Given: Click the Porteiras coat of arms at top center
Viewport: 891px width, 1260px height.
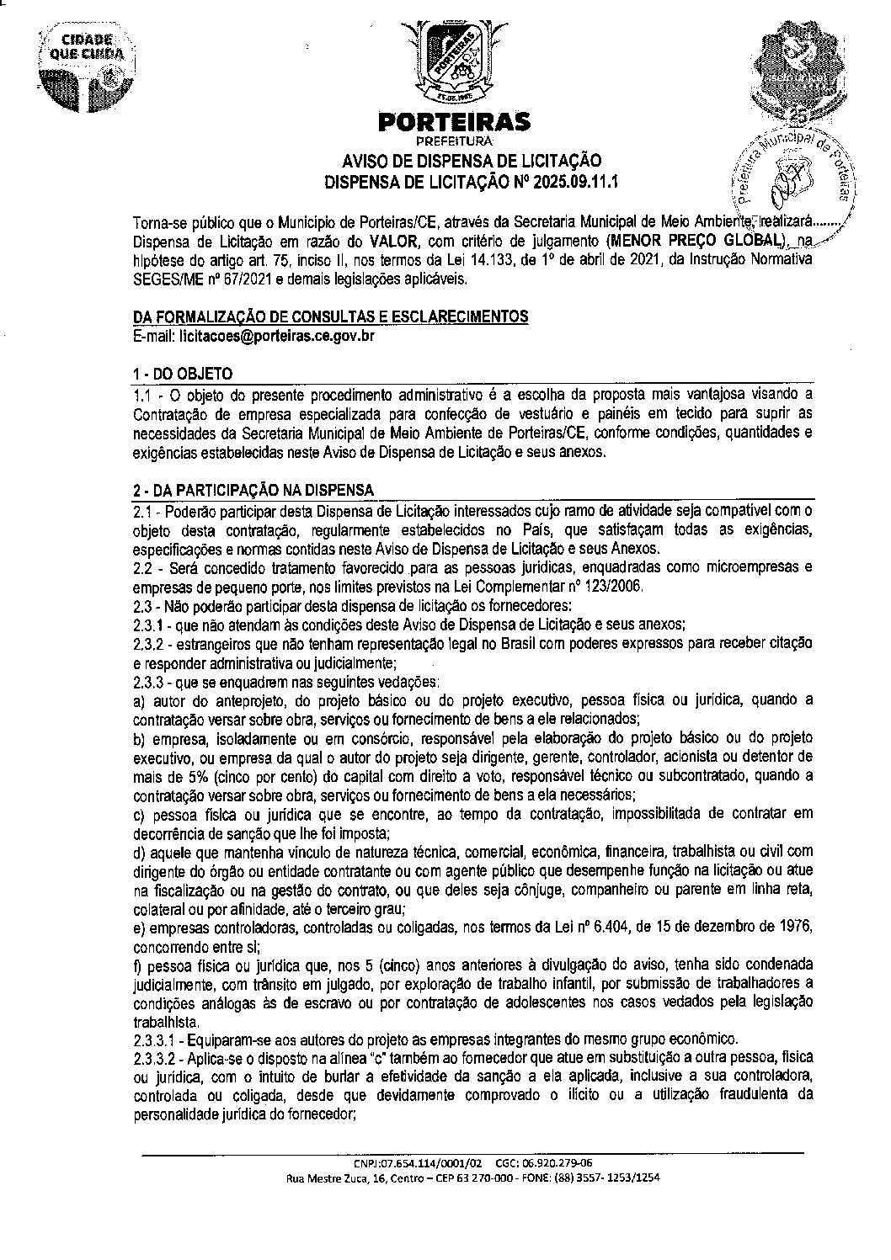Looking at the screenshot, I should (x=454, y=60).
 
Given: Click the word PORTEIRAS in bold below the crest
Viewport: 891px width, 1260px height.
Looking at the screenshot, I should (x=455, y=123).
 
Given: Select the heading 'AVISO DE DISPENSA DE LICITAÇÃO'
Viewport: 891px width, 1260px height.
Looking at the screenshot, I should (x=471, y=162).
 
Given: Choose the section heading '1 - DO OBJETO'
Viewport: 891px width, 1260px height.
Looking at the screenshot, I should (x=184, y=374).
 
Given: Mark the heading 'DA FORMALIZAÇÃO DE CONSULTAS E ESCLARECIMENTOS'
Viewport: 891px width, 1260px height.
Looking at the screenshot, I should (x=331, y=316).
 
